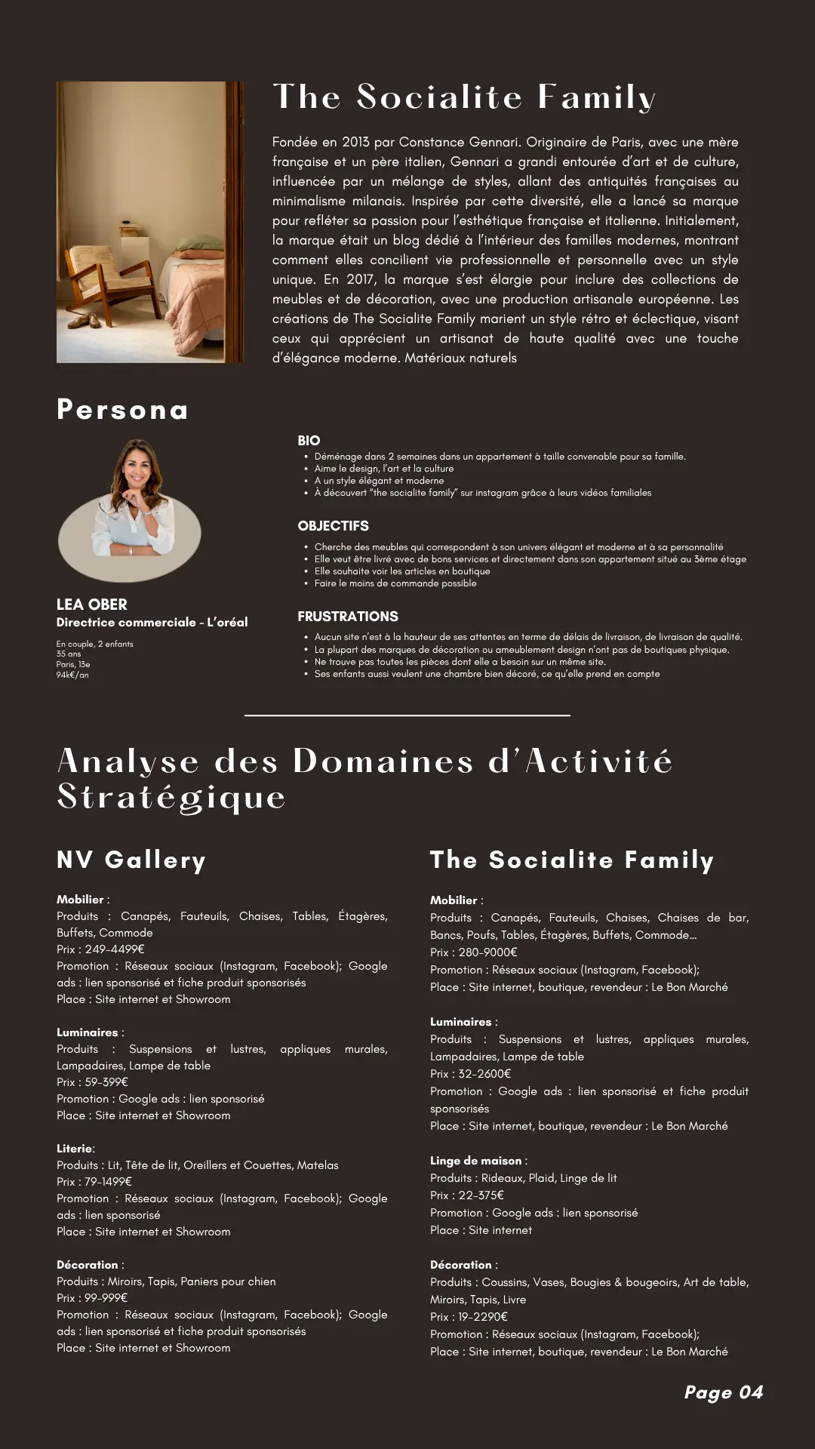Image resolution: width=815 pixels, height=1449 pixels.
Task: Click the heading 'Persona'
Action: click(x=122, y=410)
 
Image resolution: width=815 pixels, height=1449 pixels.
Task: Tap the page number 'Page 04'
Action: click(x=723, y=1392)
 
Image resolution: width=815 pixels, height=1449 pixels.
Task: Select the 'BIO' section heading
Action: click(x=309, y=441)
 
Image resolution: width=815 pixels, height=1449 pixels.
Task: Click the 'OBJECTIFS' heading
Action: click(x=333, y=526)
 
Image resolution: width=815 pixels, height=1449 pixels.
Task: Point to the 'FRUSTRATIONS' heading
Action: click(x=348, y=617)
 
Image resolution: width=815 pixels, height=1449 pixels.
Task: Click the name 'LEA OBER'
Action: click(x=92, y=605)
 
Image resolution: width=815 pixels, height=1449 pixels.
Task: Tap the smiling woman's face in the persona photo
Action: click(x=137, y=470)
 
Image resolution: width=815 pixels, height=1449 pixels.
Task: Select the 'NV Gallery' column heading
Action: click(x=131, y=860)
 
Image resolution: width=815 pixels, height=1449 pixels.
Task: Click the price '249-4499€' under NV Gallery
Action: click(x=115, y=949)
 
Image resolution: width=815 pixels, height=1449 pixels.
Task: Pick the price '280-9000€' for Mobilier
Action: click(x=487, y=952)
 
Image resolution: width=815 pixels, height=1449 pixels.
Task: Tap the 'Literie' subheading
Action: click(x=75, y=1149)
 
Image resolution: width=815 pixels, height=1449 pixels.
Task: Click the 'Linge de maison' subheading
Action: click(x=476, y=1161)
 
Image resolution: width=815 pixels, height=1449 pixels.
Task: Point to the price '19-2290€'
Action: click(x=483, y=1317)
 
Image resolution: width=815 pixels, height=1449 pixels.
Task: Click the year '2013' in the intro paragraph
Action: click(x=355, y=143)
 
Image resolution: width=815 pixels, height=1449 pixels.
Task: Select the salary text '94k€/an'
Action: click(x=72, y=675)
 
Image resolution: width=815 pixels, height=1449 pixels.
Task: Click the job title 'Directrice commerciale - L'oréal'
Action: click(x=152, y=623)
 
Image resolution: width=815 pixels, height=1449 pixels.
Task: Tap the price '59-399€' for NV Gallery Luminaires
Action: click(x=106, y=1082)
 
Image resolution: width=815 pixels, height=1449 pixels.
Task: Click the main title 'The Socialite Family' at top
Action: click(x=463, y=97)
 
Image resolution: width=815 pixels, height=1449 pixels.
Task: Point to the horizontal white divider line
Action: click(x=407, y=715)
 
